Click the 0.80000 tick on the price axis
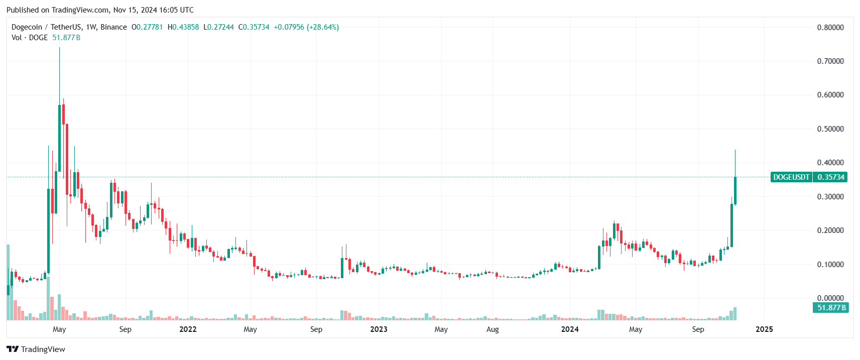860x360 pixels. pos(830,28)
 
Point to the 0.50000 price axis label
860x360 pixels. pos(830,129)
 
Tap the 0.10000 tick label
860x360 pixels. pos(830,265)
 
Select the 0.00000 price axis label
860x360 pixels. pos(830,298)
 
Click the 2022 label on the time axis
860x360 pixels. pos(188,329)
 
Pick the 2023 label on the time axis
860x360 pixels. pos(379,329)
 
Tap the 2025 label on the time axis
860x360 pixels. pos(764,329)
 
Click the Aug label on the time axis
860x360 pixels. pos(493,329)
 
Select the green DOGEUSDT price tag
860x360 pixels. pos(791,177)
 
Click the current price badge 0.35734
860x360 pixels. pos(830,177)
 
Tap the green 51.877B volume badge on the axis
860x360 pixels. pos(831,308)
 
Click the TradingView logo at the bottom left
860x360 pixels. pos(36,349)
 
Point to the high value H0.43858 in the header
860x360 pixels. pos(183,27)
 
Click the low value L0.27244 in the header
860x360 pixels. pos(218,27)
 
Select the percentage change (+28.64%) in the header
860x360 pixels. pos(323,27)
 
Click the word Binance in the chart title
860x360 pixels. pos(113,27)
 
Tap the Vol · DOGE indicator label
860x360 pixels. pos(30,38)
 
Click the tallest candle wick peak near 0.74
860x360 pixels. pos(59,48)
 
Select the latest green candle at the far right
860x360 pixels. pos(735,191)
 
